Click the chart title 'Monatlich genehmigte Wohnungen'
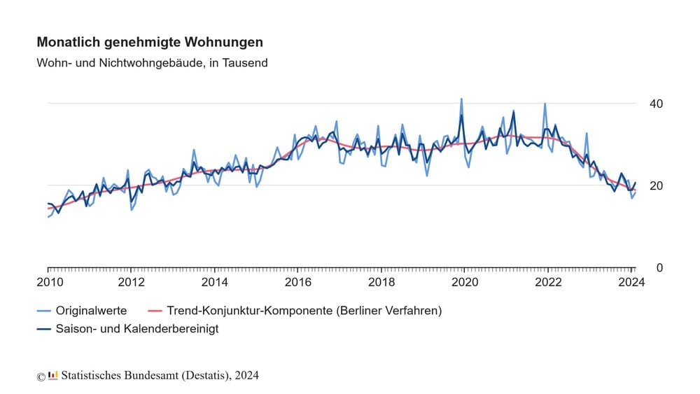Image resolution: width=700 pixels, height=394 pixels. (150, 43)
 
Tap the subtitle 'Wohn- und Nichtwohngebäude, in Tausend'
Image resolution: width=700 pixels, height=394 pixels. (152, 63)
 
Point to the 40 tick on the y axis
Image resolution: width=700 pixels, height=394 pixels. (656, 104)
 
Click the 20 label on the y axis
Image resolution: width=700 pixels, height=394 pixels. (656, 186)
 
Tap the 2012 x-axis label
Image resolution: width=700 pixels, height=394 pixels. (132, 283)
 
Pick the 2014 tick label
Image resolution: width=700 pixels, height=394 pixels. (215, 283)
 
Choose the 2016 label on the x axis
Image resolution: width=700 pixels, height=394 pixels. (298, 283)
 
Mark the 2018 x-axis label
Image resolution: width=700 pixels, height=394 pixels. (381, 283)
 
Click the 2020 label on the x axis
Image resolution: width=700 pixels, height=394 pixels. (465, 283)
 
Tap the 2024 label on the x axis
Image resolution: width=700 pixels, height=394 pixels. (631, 283)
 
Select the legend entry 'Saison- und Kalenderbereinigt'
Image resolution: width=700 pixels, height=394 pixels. (136, 329)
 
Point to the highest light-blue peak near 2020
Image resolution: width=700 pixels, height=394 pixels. (461, 99)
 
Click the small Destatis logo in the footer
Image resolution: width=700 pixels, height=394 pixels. (53, 375)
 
